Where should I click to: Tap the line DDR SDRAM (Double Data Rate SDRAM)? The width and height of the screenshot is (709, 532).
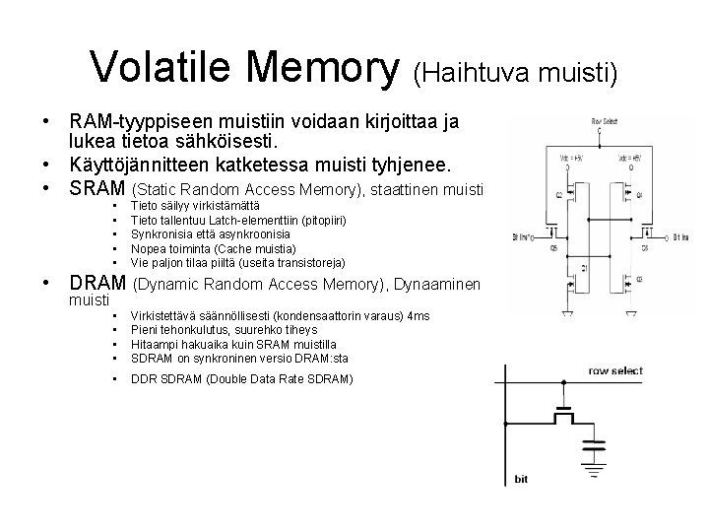pos(241,379)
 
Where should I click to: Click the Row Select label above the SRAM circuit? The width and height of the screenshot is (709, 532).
pos(605,120)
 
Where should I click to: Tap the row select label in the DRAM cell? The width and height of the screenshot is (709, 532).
pos(615,370)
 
